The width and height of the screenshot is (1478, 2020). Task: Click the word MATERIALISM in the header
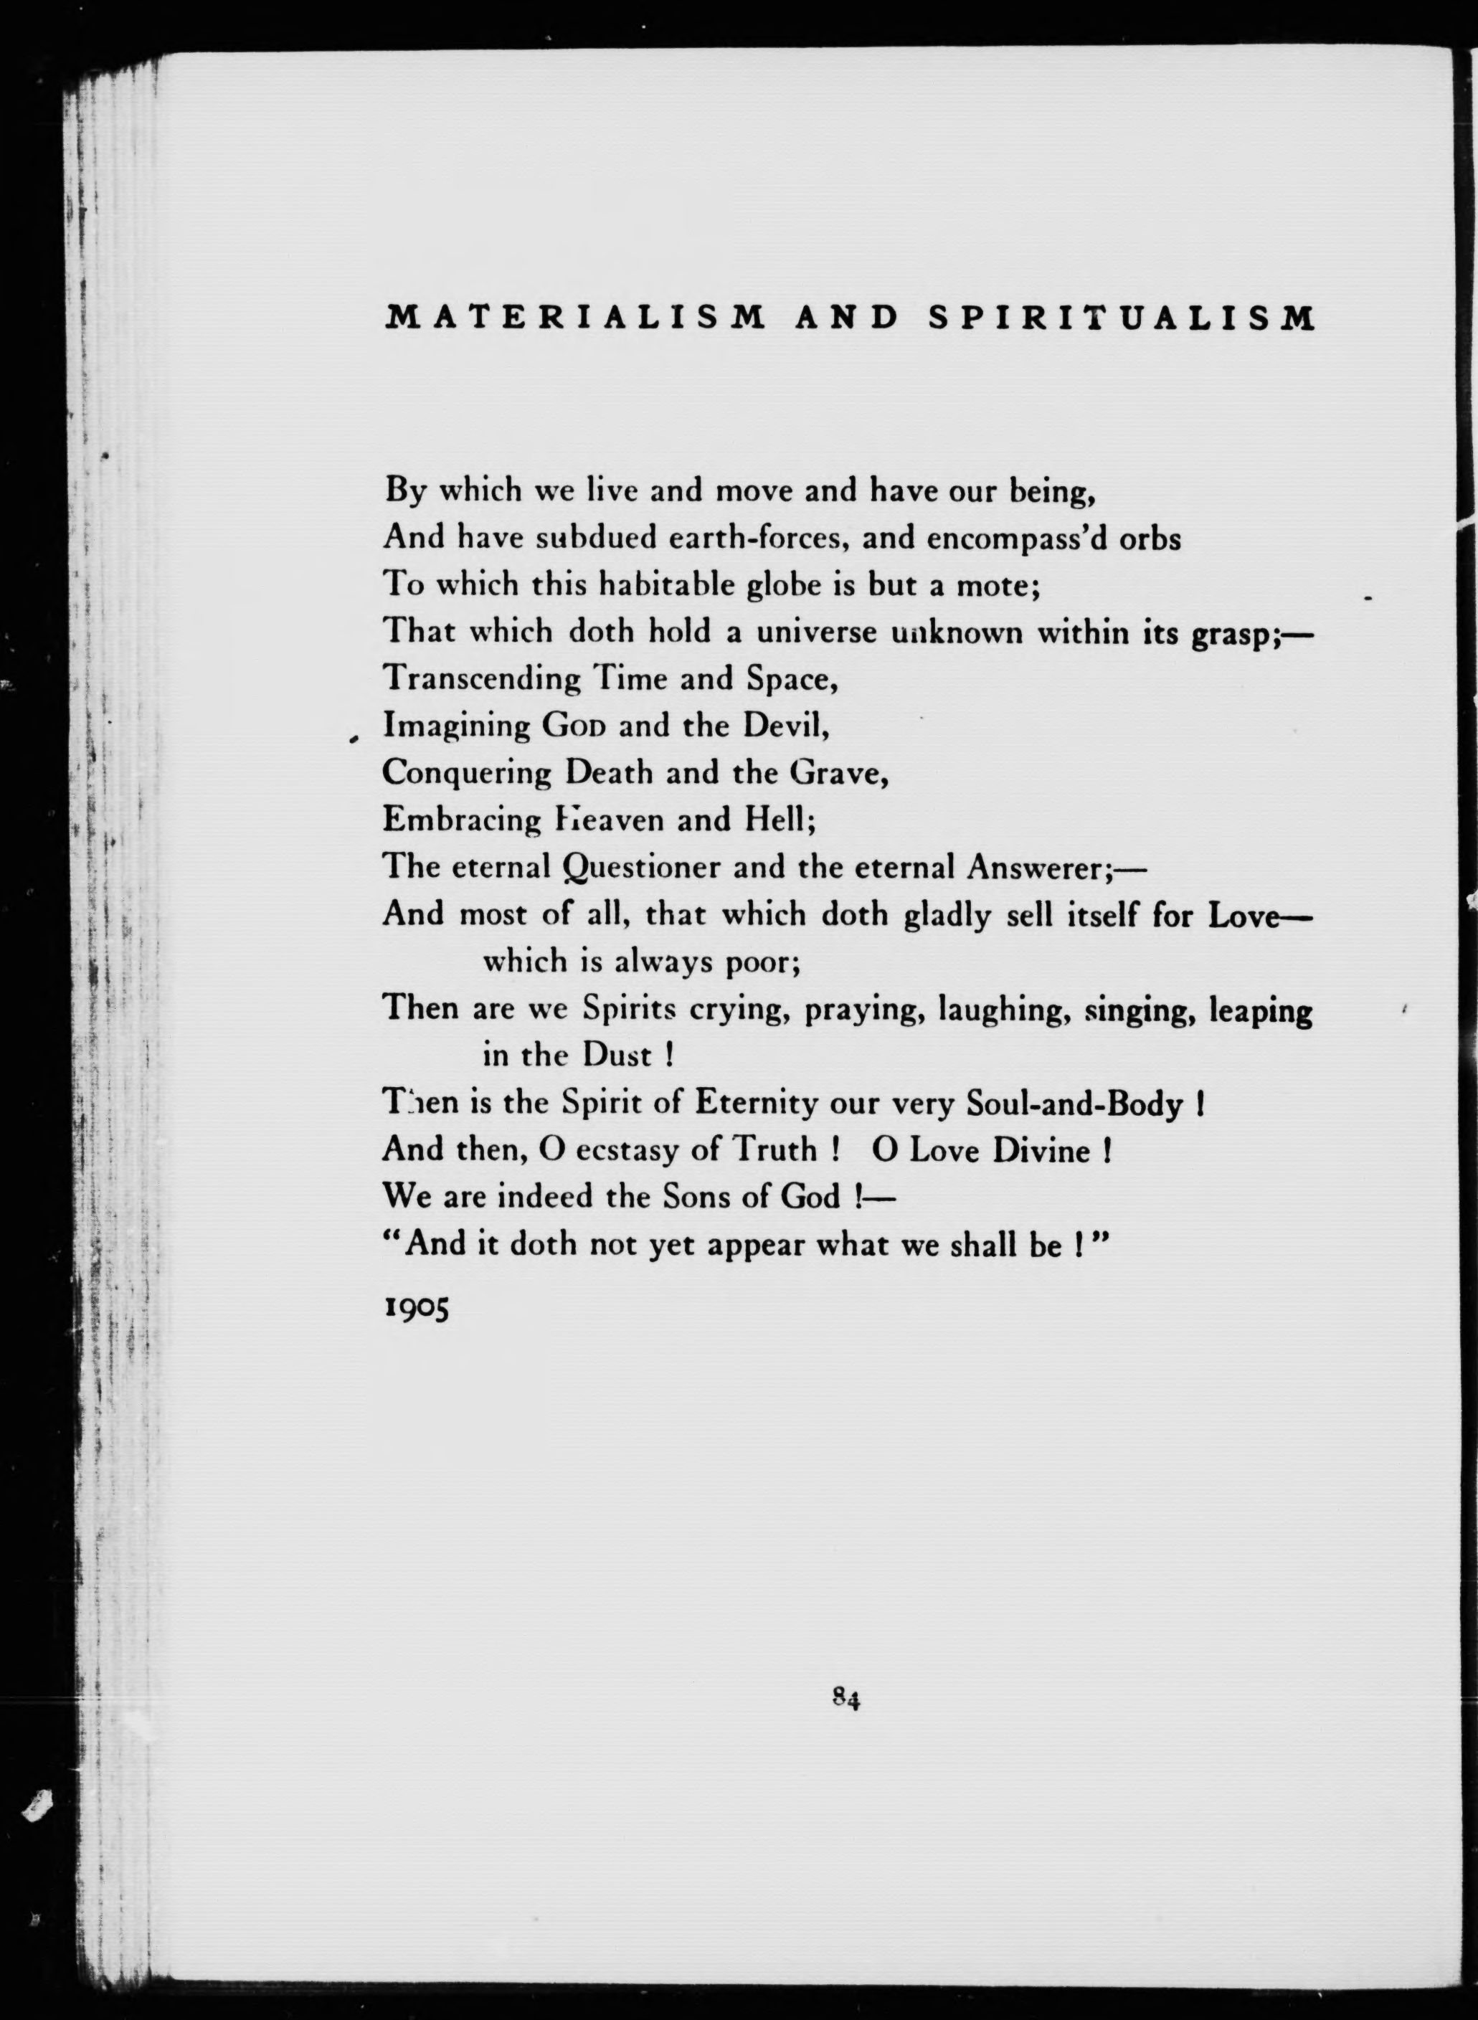[574, 318]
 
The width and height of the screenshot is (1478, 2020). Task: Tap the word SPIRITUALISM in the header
[1122, 318]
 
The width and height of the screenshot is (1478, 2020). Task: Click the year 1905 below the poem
[416, 1308]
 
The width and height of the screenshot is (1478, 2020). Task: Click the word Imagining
[456, 726]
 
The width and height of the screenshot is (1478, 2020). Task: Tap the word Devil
[787, 725]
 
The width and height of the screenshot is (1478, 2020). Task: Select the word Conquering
[466, 773]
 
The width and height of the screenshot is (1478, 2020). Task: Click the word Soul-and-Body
[1074, 1103]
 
